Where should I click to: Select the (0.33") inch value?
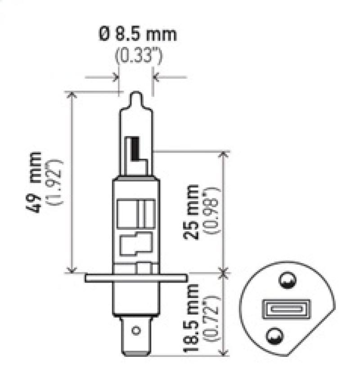tap(137, 56)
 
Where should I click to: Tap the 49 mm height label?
tap(36, 182)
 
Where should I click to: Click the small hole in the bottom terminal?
tap(136, 331)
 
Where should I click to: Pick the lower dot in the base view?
tap(275, 336)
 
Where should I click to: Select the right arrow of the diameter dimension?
tap(157, 77)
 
